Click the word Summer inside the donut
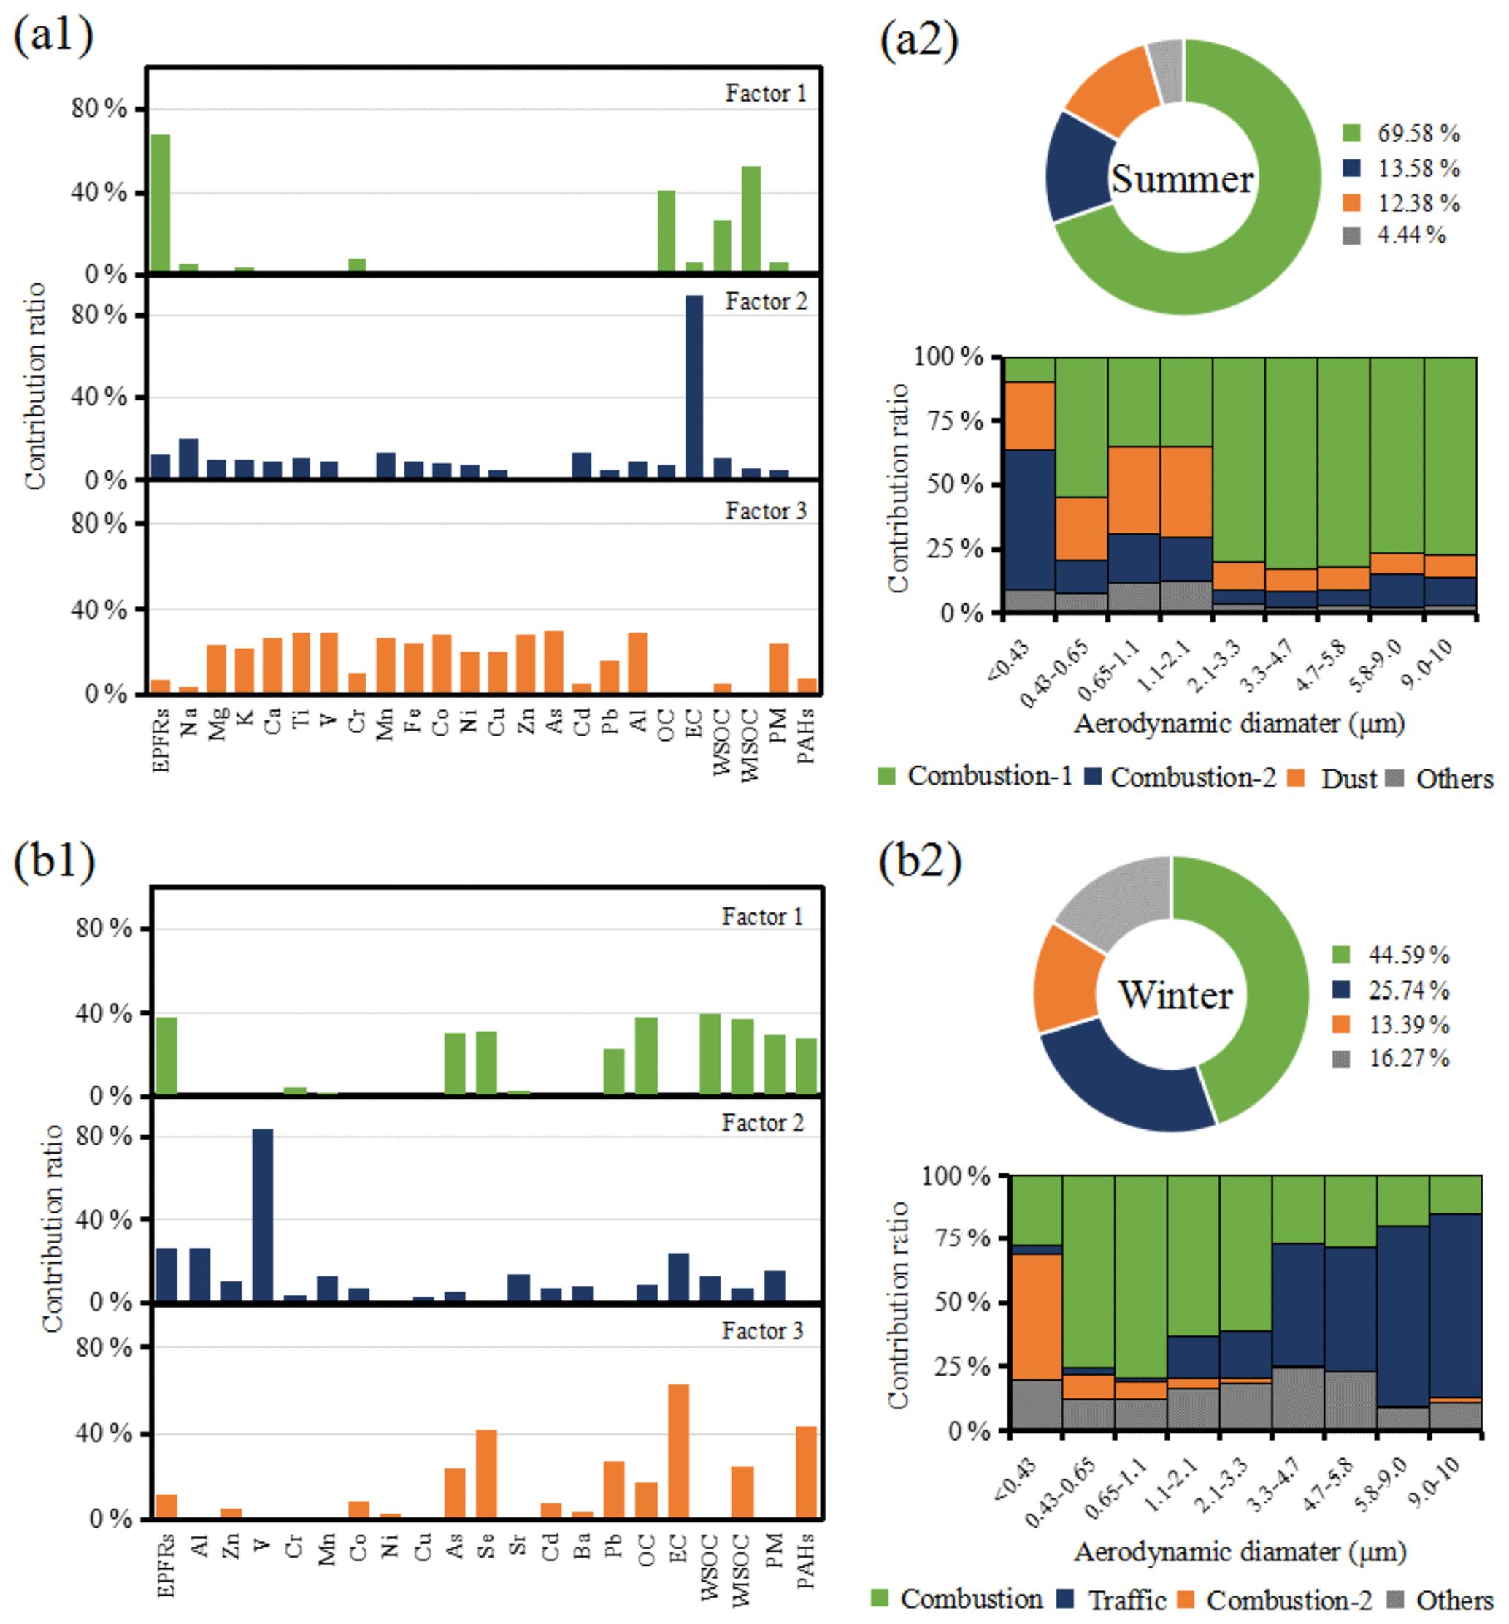(1181, 179)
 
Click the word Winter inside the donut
(1175, 995)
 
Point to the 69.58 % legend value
(1418, 133)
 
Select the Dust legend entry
(1348, 779)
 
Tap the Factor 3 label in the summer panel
(765, 511)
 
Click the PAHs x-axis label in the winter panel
(805, 1560)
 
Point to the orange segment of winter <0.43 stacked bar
(1036, 1316)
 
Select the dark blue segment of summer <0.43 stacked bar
(1029, 519)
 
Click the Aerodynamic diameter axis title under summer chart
(1238, 723)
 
